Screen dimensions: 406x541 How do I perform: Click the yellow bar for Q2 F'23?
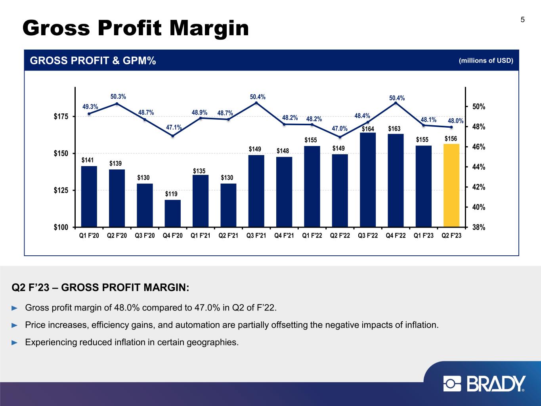[x=451, y=185]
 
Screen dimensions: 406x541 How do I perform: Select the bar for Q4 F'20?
[x=172, y=213]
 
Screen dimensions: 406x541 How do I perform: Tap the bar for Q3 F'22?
[x=368, y=180]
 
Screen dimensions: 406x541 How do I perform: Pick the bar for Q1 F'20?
[x=89, y=196]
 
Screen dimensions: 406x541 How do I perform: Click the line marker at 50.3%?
[x=117, y=104]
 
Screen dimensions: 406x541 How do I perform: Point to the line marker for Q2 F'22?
[x=340, y=137]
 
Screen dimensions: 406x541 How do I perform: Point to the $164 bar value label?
[x=368, y=129]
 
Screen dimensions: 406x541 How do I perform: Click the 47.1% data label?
[x=174, y=127]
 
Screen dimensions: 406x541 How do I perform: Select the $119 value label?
[x=171, y=194]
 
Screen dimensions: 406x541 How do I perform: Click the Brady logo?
[x=484, y=384]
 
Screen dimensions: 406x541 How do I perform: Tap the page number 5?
[x=522, y=20]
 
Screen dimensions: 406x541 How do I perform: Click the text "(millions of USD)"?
[x=486, y=61]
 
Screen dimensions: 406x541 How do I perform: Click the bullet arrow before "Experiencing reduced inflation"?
[x=15, y=342]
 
